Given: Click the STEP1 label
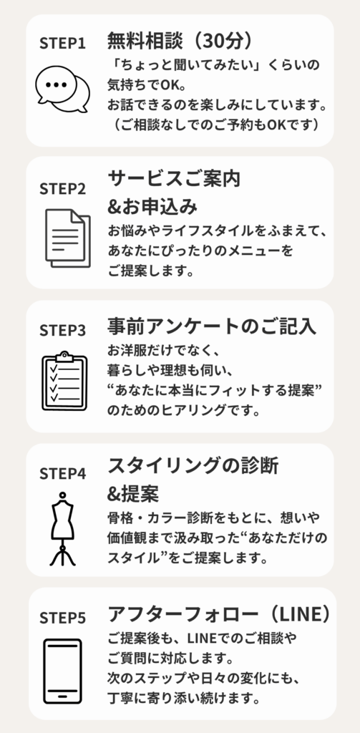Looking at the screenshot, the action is click(63, 44).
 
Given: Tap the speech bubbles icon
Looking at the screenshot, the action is click(63, 89).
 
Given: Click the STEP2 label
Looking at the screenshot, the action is click(63, 189).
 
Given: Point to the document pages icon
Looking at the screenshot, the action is click(68, 238).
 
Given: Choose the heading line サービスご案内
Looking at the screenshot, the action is click(175, 178).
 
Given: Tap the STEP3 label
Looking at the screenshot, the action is click(63, 331).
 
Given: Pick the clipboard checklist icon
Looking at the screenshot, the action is click(64, 381).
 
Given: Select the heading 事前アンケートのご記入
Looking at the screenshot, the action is click(212, 326).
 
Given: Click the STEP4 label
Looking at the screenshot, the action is click(63, 474).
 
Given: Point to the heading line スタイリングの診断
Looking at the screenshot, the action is click(193, 465).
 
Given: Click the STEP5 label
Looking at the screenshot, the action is click(63, 618).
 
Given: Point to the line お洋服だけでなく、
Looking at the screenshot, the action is click(160, 349).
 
